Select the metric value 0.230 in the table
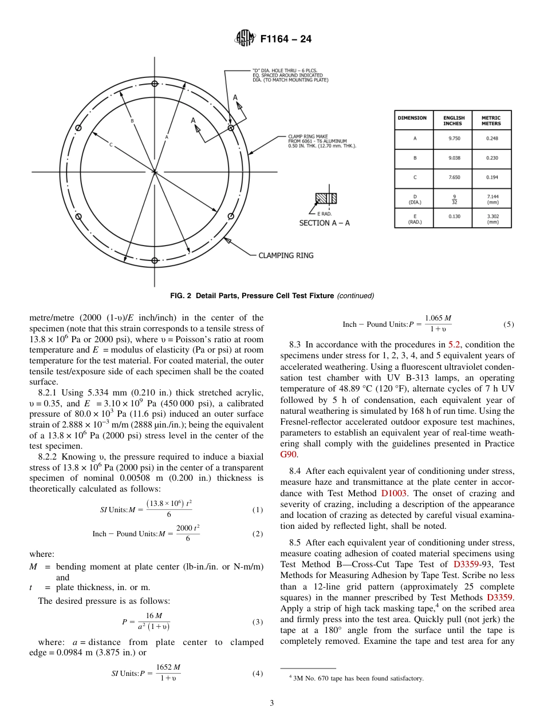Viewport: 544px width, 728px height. point(491,158)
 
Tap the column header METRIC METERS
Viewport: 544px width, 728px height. point(491,121)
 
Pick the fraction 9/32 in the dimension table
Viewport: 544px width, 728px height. point(452,198)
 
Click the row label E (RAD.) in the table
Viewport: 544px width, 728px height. point(414,218)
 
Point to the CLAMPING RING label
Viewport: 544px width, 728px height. point(286,255)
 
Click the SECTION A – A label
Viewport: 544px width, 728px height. point(324,223)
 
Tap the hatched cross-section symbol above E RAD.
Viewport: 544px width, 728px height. point(326,199)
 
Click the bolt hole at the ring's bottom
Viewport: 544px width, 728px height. point(155,261)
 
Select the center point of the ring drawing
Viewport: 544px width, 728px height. point(155,172)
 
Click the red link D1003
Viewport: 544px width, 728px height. point(392,493)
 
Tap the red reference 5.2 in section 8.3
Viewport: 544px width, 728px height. point(454,345)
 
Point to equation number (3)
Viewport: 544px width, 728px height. point(258,622)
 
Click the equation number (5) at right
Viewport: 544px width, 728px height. point(508,325)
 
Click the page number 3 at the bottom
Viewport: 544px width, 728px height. point(272,703)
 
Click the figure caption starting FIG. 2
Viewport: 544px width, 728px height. point(272,296)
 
